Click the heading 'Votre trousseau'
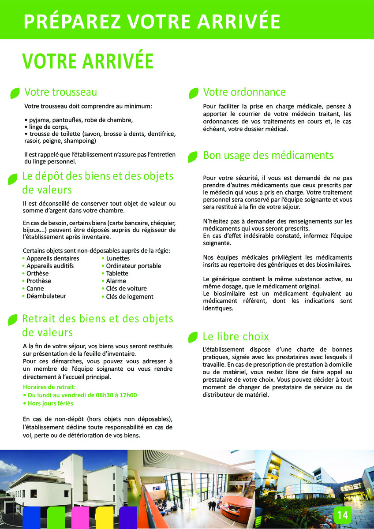60,92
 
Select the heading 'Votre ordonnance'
244,92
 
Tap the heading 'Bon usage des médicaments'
268,156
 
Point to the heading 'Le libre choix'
236,337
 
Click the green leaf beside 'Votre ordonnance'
193,93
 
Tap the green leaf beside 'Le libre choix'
193,338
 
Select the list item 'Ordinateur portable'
133,266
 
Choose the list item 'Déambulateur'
46,296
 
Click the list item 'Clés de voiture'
126,288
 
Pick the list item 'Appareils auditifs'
50,266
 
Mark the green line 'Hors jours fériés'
50,403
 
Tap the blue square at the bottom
32,518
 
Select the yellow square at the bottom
105,518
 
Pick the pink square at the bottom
80,518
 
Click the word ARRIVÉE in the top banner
238,21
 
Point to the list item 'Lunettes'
118,258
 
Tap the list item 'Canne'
35,288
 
